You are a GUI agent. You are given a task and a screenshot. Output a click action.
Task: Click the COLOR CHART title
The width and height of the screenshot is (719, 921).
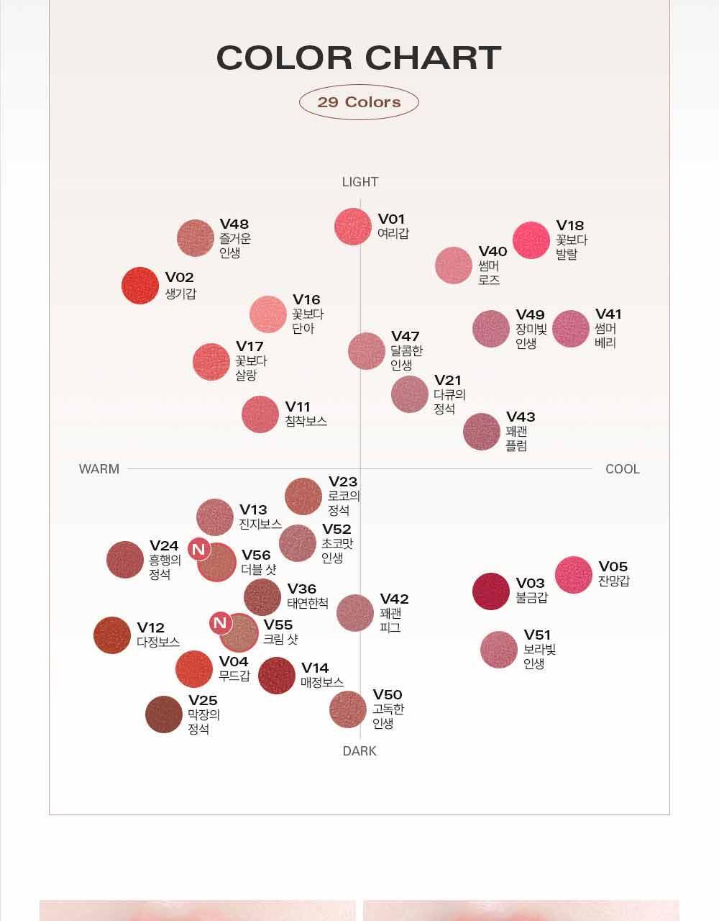tap(359, 58)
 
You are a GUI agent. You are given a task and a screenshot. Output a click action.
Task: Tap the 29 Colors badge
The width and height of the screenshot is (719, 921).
tap(359, 101)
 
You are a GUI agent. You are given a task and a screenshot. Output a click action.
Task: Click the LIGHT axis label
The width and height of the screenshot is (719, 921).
tap(359, 182)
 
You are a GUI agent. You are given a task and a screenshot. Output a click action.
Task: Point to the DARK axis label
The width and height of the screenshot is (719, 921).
tap(359, 750)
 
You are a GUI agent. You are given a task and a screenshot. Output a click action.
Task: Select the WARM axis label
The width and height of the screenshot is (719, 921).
tap(99, 469)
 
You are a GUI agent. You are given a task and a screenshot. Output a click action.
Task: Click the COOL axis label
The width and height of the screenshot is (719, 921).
tap(622, 469)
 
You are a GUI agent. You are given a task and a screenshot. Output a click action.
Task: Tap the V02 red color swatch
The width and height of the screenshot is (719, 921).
tap(140, 286)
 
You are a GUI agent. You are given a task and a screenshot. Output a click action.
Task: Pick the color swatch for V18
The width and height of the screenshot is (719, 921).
tap(531, 240)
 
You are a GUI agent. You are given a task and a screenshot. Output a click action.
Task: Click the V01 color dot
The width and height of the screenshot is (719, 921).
tap(353, 227)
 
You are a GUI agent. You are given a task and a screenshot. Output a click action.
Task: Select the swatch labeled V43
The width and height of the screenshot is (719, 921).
tap(482, 432)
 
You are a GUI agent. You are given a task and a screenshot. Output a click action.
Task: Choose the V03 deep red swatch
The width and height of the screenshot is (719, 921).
tap(491, 591)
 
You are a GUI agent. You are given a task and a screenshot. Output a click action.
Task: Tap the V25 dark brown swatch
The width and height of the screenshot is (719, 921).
tap(164, 714)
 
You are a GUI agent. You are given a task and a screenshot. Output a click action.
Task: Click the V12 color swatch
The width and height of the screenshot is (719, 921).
tap(112, 635)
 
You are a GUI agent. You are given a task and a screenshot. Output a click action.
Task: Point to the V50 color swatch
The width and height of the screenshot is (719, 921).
tap(348, 709)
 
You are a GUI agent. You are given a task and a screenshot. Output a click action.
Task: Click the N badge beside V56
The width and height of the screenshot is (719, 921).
tap(199, 550)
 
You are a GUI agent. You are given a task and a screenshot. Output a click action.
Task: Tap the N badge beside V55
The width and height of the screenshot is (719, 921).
tap(220, 622)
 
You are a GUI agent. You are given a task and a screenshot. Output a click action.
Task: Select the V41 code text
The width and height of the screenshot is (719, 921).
tap(608, 314)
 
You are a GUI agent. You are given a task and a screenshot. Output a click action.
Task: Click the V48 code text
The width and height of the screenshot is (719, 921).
tap(234, 224)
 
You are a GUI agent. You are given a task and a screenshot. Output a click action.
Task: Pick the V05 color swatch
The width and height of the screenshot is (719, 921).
tap(573, 575)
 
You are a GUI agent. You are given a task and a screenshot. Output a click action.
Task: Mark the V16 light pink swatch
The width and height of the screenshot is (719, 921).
tap(268, 314)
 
